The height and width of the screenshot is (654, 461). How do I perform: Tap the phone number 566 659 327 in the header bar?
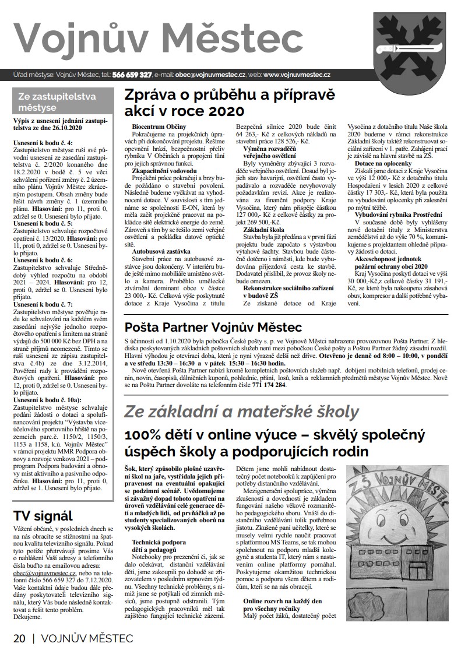pos(133,75)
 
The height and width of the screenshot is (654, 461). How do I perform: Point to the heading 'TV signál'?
pos(43,515)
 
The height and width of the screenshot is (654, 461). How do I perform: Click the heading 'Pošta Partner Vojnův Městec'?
pos(214,326)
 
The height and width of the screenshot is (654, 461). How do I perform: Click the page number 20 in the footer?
pos(19,638)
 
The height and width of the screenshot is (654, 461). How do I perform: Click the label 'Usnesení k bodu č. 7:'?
pos(42,304)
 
